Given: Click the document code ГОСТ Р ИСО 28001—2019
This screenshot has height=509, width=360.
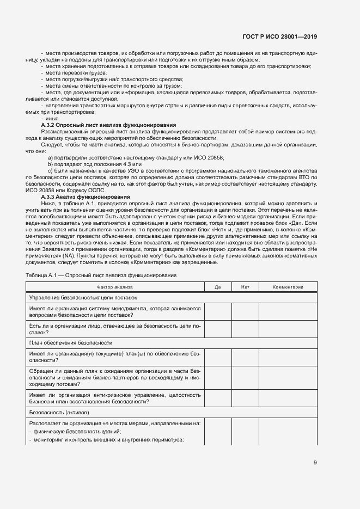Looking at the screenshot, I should [279, 37].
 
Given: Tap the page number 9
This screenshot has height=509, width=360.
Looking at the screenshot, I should [315, 463].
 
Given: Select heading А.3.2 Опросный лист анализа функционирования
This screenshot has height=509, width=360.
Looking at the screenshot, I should [109, 125].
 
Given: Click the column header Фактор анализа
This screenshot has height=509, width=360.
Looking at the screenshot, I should [115, 287].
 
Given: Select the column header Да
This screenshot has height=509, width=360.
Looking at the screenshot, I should [218, 287].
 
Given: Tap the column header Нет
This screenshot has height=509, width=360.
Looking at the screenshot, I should [245, 287].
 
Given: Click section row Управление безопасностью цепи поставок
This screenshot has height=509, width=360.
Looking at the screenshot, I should [83, 298].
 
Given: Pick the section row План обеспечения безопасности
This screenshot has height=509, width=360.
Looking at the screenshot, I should [71, 343].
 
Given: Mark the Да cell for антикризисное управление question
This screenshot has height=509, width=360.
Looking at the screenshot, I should [218, 398].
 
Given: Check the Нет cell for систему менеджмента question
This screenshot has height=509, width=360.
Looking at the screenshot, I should [245, 312].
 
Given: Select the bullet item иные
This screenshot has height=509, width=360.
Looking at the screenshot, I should [53, 119].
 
